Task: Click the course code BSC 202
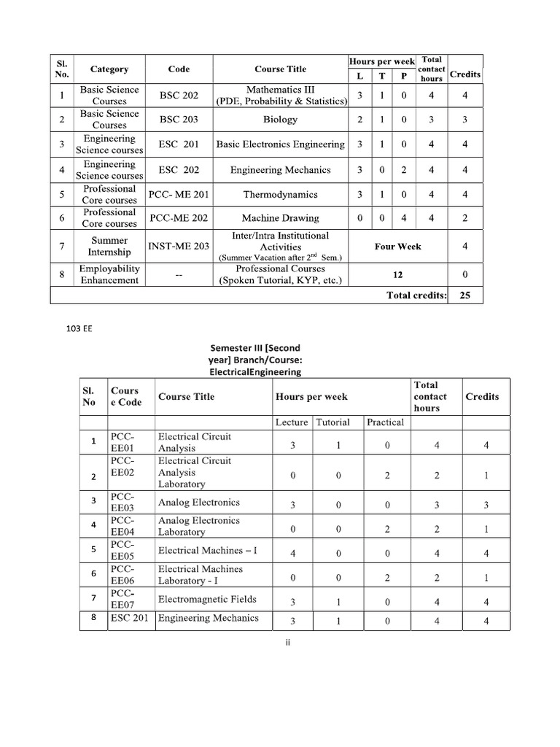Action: pyautogui.click(x=179, y=95)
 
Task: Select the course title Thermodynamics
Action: pyautogui.click(x=280, y=195)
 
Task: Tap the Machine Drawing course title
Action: pyautogui.click(x=280, y=218)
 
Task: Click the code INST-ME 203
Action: pyautogui.click(x=179, y=247)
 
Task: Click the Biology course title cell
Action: pyautogui.click(x=280, y=119)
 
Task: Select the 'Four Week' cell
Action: pyautogui.click(x=397, y=247)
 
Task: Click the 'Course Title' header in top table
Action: pyautogui.click(x=280, y=69)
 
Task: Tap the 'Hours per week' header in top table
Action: pyautogui.click(x=382, y=61)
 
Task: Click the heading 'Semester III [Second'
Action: pyautogui.click(x=254, y=348)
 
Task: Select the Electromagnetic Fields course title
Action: pyautogui.click(x=207, y=599)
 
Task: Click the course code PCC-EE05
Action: pyautogui.click(x=122, y=550)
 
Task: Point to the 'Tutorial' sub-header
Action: pyautogui.click(x=332, y=422)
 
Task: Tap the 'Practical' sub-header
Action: pyautogui.click(x=385, y=422)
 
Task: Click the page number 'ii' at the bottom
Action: pyautogui.click(x=288, y=643)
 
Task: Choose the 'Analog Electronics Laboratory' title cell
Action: pyautogui.click(x=198, y=526)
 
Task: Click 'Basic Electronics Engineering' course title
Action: pyautogui.click(x=280, y=144)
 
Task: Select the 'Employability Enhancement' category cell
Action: pyautogui.click(x=109, y=274)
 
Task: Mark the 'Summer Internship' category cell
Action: pyautogui.click(x=109, y=247)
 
